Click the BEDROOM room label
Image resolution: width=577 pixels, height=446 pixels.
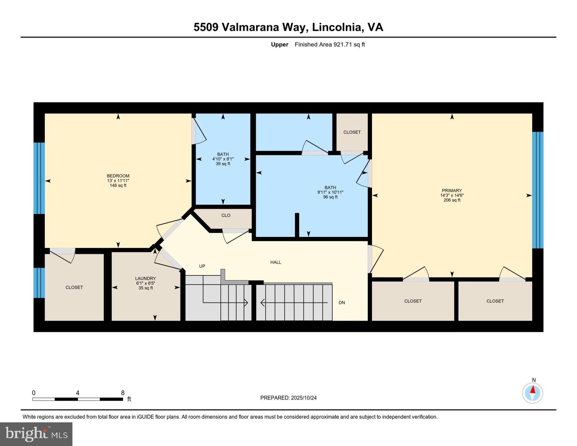coord(118,176)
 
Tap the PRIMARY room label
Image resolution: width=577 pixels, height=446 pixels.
coord(452,191)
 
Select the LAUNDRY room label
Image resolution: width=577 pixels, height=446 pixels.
coord(145,278)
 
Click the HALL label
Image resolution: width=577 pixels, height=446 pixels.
coord(276,262)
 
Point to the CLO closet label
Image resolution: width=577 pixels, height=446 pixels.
coord(226,216)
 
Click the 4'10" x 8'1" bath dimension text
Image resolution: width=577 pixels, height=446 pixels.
coord(223,159)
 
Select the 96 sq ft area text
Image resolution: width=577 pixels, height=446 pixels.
coord(330,197)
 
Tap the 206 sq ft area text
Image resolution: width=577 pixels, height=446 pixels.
coord(452,200)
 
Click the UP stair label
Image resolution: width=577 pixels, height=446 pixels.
coord(202,266)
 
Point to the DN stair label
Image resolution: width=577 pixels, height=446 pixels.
coord(341,303)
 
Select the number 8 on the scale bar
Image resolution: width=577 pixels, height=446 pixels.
coord(123,393)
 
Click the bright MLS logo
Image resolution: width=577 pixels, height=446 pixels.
coord(36,434)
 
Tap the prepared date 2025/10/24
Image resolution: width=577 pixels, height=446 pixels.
coord(304,398)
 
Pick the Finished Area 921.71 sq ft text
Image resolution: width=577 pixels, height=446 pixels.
coord(330,44)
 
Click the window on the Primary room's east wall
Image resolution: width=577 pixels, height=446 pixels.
coord(537,190)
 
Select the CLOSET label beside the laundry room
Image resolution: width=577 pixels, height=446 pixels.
coord(74,287)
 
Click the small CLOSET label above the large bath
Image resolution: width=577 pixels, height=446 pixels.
coord(352,132)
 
